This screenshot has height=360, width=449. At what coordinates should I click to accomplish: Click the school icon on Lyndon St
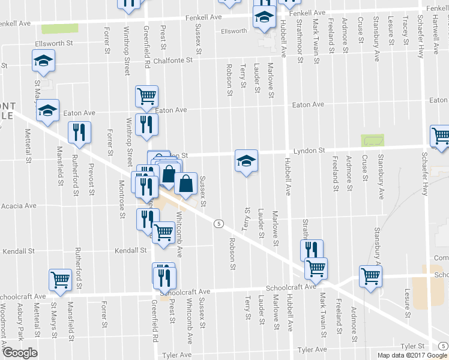246,161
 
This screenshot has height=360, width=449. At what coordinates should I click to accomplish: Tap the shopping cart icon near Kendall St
163,232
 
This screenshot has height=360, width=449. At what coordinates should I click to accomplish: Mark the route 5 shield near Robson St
220,223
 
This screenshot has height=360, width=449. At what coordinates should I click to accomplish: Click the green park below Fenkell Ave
60,28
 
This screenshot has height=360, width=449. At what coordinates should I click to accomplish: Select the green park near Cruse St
372,140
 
